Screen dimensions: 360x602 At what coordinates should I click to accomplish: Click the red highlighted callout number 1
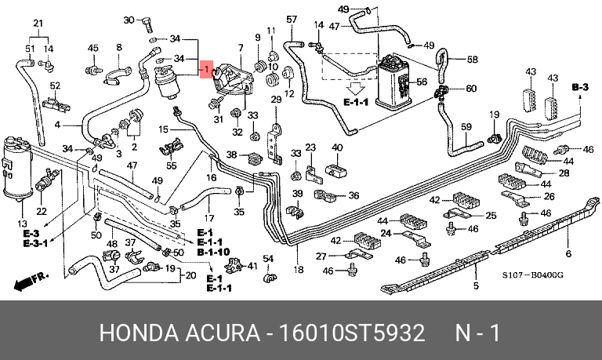206,70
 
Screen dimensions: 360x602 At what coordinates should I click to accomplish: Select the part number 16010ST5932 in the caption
352,333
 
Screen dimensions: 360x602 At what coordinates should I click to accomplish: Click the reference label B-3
579,86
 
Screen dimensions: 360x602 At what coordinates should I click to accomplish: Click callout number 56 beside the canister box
420,82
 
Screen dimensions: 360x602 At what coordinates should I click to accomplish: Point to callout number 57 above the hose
292,19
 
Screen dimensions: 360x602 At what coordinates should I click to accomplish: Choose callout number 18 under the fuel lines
298,270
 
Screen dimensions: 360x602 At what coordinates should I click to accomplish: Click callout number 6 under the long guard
568,253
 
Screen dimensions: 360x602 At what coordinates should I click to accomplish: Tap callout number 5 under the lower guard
475,285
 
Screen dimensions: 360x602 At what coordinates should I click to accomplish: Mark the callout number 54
267,259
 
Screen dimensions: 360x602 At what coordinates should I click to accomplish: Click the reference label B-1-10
213,253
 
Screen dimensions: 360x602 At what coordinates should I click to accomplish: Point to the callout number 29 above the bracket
276,99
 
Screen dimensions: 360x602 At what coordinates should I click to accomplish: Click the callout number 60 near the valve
471,88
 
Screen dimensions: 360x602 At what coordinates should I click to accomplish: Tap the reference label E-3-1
34,243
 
